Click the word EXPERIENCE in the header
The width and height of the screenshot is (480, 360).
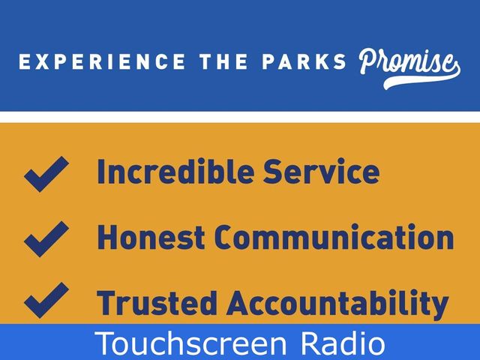102,61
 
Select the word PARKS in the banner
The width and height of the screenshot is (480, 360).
304,61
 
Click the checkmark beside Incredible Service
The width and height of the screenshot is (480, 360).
46,174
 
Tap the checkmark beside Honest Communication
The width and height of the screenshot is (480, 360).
46,239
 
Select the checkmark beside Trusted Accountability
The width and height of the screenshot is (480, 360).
46,300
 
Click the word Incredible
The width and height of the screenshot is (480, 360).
175,171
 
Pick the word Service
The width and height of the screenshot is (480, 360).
322,171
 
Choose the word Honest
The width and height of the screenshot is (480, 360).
151,237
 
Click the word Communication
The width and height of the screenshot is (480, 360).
334,237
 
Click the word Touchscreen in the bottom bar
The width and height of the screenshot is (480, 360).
190,343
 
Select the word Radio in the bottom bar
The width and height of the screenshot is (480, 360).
343,343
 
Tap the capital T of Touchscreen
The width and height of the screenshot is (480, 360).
105,342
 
